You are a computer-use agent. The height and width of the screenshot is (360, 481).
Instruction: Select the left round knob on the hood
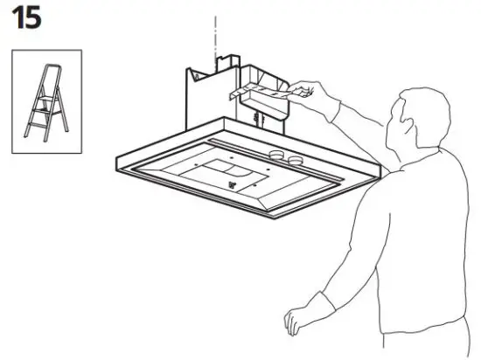pos(277,156)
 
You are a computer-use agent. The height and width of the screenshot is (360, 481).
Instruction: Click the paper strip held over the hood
pos(262,90)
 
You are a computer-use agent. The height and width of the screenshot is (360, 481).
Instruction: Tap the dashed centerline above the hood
pos(211,35)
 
